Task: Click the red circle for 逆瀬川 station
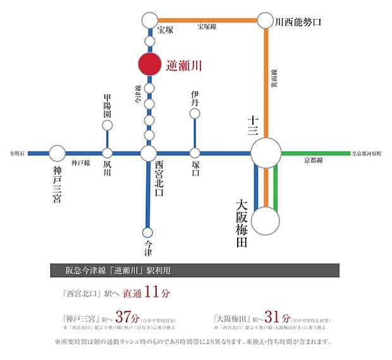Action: tap(150, 65)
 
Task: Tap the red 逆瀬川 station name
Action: tap(185, 65)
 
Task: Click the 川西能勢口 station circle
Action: tap(265, 20)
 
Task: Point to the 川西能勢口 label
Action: tap(298, 22)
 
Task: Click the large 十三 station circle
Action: tap(266, 153)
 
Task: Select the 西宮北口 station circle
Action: tap(149, 153)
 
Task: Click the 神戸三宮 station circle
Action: tap(57, 153)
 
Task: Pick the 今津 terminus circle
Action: tap(148, 232)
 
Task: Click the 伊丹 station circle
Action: tap(195, 114)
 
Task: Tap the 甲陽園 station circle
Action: tap(107, 124)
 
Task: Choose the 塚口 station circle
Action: tap(195, 153)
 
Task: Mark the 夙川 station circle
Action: tap(107, 153)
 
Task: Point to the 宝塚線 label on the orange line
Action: tap(207, 27)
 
